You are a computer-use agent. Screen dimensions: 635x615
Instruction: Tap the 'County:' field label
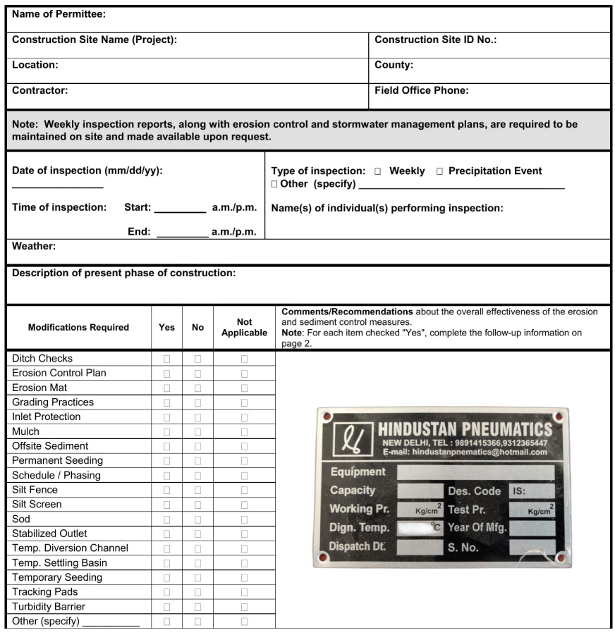point(394,65)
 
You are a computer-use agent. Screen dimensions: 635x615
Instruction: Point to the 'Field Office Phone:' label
point(421,90)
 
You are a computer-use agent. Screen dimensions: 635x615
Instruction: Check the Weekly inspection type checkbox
point(378,171)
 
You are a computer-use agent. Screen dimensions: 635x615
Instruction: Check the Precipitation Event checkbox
point(438,171)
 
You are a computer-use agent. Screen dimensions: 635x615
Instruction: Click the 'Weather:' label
point(34,247)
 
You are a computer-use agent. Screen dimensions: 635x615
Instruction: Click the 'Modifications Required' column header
point(78,327)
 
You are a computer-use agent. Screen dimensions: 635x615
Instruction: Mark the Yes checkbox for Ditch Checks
point(166,359)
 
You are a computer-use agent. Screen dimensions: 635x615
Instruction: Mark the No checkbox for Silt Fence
point(197,490)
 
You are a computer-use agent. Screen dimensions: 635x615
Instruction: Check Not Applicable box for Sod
point(244,519)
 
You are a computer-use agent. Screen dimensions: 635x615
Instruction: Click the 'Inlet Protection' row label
point(47,417)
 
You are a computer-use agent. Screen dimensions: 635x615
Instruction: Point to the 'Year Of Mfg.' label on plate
point(476,527)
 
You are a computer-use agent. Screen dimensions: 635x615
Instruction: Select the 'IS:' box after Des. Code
point(532,491)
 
